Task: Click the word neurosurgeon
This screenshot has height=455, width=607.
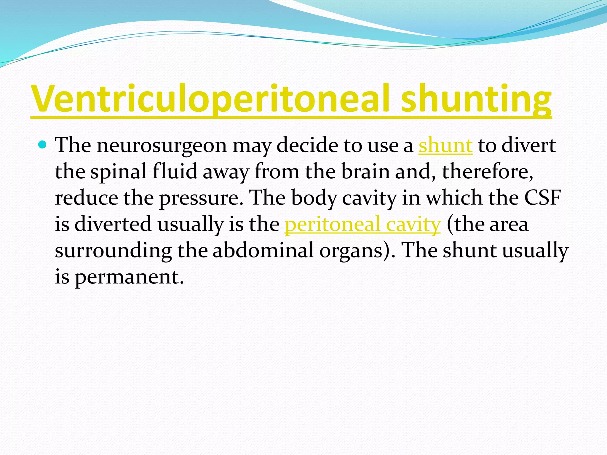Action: [x=162, y=145]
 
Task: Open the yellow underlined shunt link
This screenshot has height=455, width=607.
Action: [x=445, y=145]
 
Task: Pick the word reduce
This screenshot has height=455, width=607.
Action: [x=86, y=198]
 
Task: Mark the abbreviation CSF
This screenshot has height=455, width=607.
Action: [x=542, y=198]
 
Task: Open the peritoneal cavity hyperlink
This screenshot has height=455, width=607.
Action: [x=362, y=225]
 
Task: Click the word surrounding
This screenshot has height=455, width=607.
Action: [x=113, y=251]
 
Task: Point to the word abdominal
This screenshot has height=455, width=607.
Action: [x=263, y=250]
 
